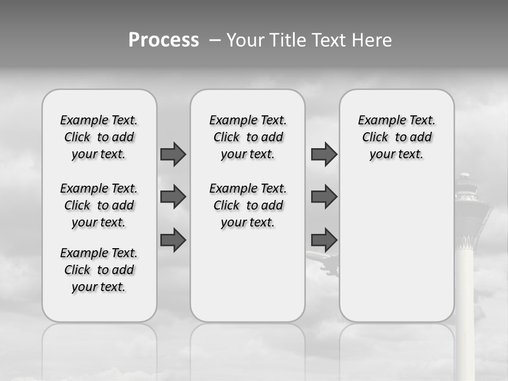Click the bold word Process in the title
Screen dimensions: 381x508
point(164,40)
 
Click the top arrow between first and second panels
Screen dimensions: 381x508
point(173,154)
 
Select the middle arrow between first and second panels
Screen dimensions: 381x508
point(173,197)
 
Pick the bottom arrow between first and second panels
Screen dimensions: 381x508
point(173,240)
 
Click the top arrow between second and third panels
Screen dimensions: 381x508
point(324,154)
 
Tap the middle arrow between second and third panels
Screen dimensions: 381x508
point(324,197)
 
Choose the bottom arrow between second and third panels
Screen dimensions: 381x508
point(324,240)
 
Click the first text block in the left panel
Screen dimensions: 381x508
point(99,137)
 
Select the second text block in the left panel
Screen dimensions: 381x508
point(99,205)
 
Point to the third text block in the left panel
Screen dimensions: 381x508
point(99,270)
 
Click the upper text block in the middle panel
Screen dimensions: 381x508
point(248,137)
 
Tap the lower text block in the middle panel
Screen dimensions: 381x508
point(248,205)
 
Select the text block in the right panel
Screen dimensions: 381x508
point(396,137)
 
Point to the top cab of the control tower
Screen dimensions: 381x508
point(467,185)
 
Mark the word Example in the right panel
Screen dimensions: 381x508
point(378,121)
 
